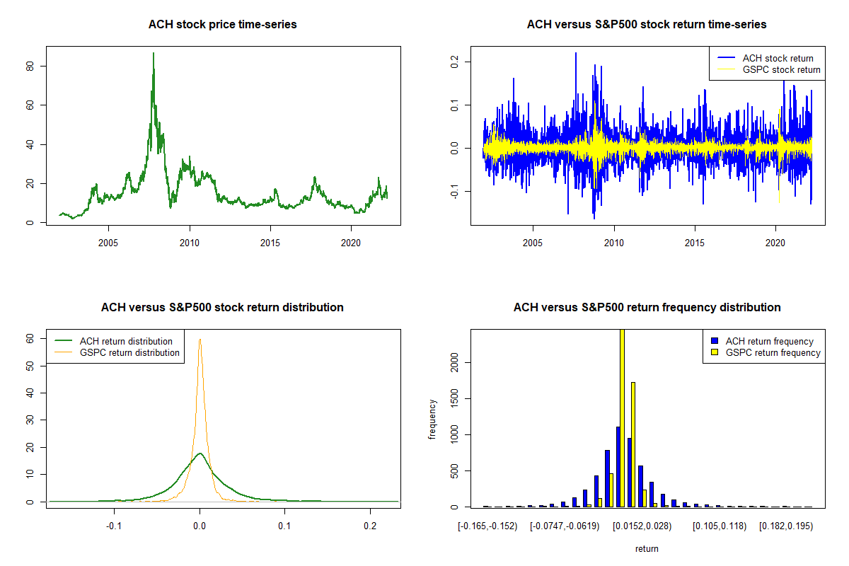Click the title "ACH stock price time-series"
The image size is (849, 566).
222,25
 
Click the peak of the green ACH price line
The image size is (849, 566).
153,53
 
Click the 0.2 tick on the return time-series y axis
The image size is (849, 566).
455,62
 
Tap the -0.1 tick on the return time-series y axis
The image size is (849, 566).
455,192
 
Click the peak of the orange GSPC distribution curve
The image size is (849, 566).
200,339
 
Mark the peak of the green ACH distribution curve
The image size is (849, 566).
200,454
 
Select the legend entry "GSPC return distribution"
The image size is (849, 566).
129,352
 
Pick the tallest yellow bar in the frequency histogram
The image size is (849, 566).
623,417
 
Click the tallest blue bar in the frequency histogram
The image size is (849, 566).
618,467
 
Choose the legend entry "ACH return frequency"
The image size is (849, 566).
769,341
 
